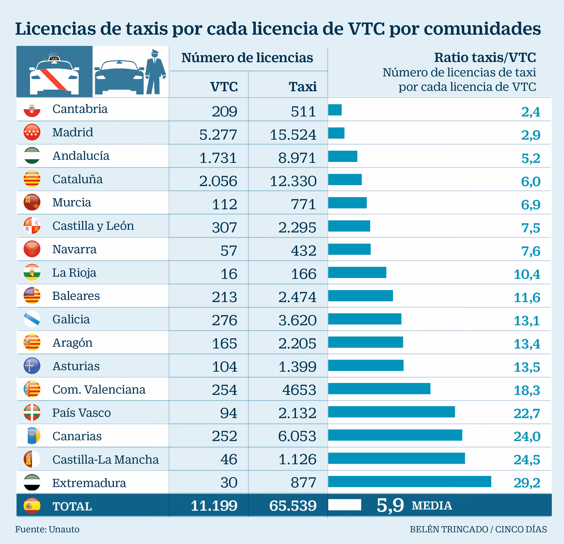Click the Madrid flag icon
32,132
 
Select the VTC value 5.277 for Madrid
218,135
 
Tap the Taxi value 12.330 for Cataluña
293,181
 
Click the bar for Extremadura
409,482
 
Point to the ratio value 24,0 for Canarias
527,437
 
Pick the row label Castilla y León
93,226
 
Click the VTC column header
224,87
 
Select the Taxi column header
303,87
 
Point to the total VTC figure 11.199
214,506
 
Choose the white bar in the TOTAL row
344,505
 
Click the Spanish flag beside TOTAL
32,506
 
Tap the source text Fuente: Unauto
47,529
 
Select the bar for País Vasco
391,412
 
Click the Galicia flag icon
32,319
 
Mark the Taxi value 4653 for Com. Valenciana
299,390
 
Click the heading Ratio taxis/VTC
485,58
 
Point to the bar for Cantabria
335,110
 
